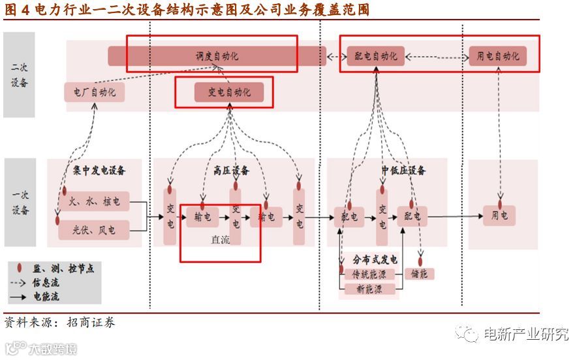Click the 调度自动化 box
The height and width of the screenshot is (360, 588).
(x=217, y=56)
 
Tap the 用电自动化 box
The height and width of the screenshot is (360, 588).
(x=497, y=56)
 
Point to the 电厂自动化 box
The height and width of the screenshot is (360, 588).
(x=94, y=92)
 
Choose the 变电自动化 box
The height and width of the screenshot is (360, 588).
(x=229, y=93)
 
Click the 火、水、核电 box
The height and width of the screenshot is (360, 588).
(x=94, y=202)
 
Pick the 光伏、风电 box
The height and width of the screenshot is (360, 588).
(x=94, y=230)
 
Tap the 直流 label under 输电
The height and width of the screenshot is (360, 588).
(x=220, y=240)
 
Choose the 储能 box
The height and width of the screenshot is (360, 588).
(x=419, y=274)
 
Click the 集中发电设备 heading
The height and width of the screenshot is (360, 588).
(x=99, y=171)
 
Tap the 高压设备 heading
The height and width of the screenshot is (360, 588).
(x=232, y=171)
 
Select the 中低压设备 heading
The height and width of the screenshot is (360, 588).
(x=403, y=171)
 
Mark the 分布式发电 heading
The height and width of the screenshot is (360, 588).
(x=375, y=260)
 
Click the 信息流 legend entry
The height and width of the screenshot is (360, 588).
(x=45, y=282)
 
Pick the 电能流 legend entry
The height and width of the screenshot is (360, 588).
(x=45, y=296)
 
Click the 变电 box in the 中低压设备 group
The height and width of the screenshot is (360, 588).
(x=382, y=216)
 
